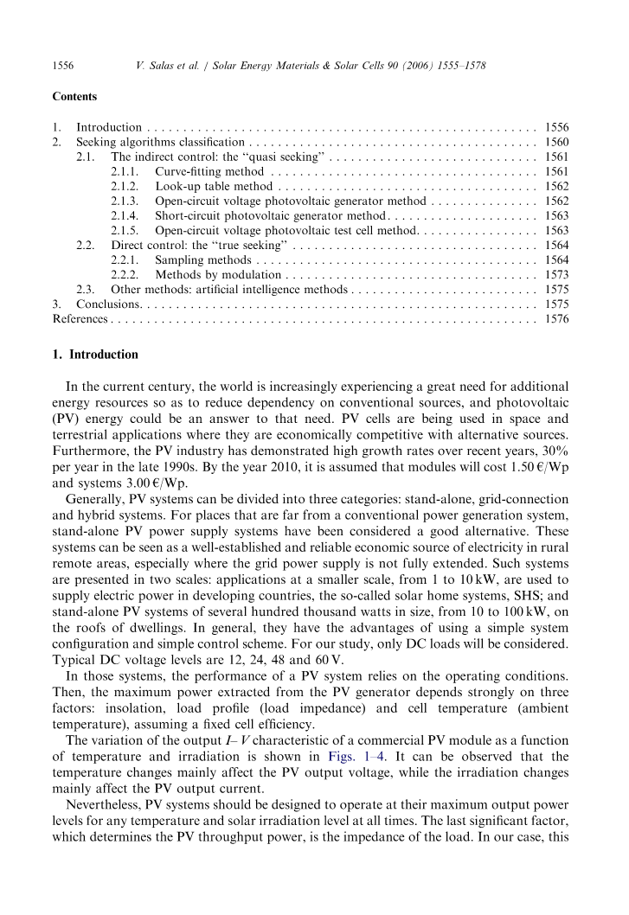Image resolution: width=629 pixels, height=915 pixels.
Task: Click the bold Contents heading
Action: pos(75,97)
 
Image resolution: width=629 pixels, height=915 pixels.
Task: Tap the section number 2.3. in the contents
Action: pos(85,290)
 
